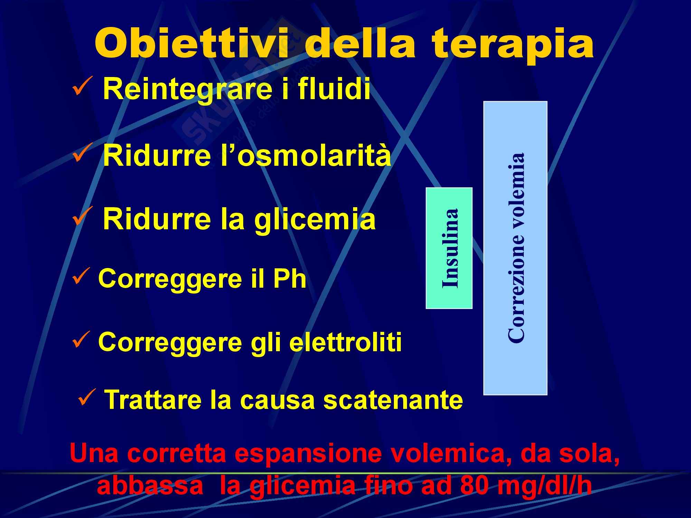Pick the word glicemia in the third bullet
315,220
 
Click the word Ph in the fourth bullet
290,279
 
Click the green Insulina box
449,248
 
